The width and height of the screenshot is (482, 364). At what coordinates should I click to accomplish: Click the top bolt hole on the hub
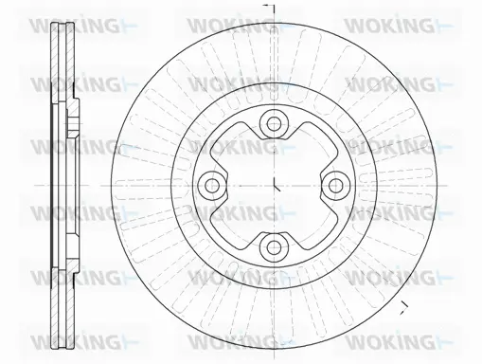coord(274,121)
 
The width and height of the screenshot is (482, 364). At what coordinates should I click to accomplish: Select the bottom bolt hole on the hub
coord(274,246)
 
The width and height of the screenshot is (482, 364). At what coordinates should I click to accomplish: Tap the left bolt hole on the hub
coord(211,184)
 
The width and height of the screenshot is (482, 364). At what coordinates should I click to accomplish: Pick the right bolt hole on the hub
coord(336,184)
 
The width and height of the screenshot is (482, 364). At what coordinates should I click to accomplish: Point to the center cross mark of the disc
coord(274,184)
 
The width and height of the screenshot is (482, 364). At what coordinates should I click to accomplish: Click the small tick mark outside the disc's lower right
coord(404,305)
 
